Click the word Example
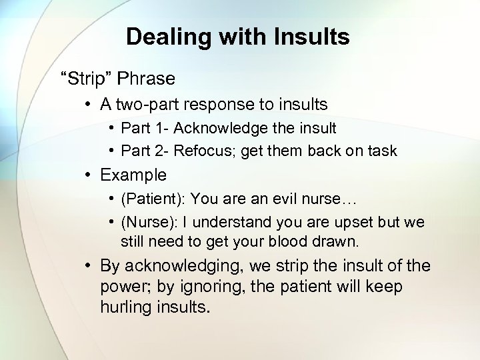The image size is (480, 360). pos(133,175)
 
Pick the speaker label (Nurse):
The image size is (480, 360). pos(150,222)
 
